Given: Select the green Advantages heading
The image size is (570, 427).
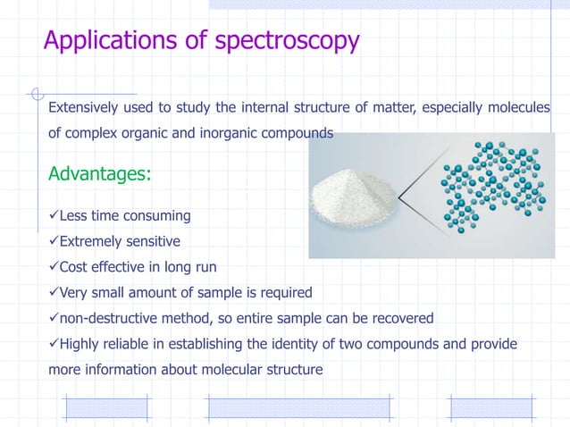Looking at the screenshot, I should point(99,173).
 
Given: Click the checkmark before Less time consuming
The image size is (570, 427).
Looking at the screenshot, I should point(53,215).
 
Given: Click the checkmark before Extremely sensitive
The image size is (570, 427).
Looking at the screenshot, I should point(53,241).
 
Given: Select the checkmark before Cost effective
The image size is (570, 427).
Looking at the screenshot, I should point(53,266).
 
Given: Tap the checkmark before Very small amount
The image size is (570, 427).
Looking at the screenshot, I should point(53,292).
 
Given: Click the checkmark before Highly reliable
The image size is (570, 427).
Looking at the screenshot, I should point(53,344).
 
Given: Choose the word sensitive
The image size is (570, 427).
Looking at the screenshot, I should point(149,241).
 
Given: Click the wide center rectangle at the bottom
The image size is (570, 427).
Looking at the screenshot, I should point(298,408).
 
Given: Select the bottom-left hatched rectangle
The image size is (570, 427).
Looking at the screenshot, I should point(106,408).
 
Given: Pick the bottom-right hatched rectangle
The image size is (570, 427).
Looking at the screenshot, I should point(483,408).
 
